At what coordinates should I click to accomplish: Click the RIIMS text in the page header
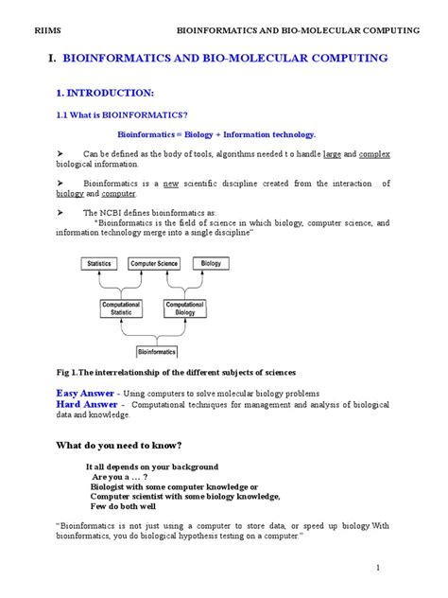(44, 30)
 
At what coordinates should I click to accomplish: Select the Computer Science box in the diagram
(154, 263)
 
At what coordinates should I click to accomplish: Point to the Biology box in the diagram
(212, 263)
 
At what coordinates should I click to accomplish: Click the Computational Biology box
(185, 309)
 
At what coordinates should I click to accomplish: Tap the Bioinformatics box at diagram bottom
(157, 351)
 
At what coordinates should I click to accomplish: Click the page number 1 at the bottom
(376, 567)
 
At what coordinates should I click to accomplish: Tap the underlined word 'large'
(332, 152)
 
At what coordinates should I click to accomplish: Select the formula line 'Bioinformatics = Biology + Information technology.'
(215, 134)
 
